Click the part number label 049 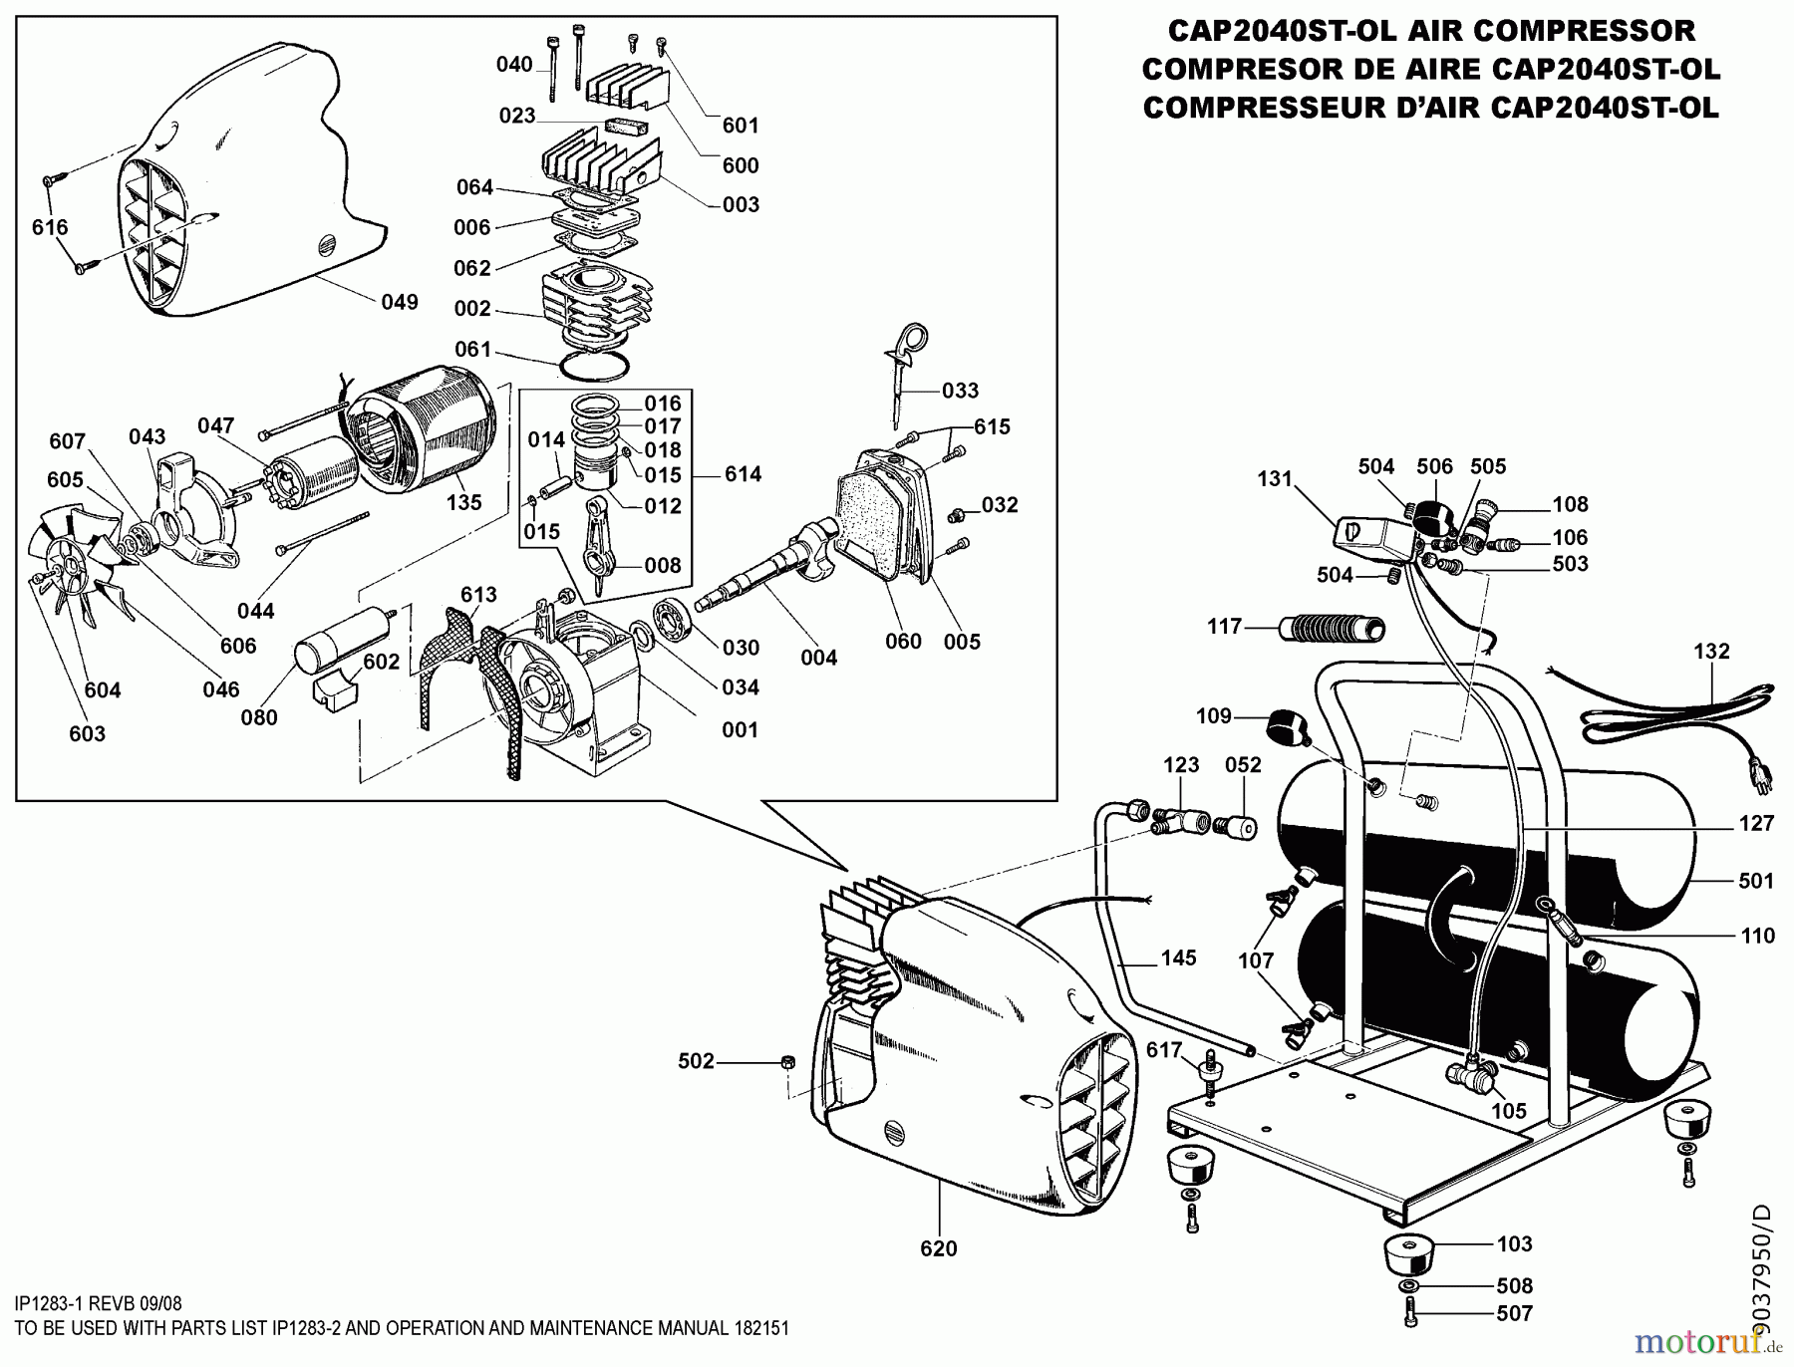400,302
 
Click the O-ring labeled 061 596,364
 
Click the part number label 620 939,1248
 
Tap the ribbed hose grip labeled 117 1333,628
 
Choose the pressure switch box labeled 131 1373,538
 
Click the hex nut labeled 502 785,1062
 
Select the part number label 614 743,474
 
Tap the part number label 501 1756,881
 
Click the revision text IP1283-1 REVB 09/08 99,1302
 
